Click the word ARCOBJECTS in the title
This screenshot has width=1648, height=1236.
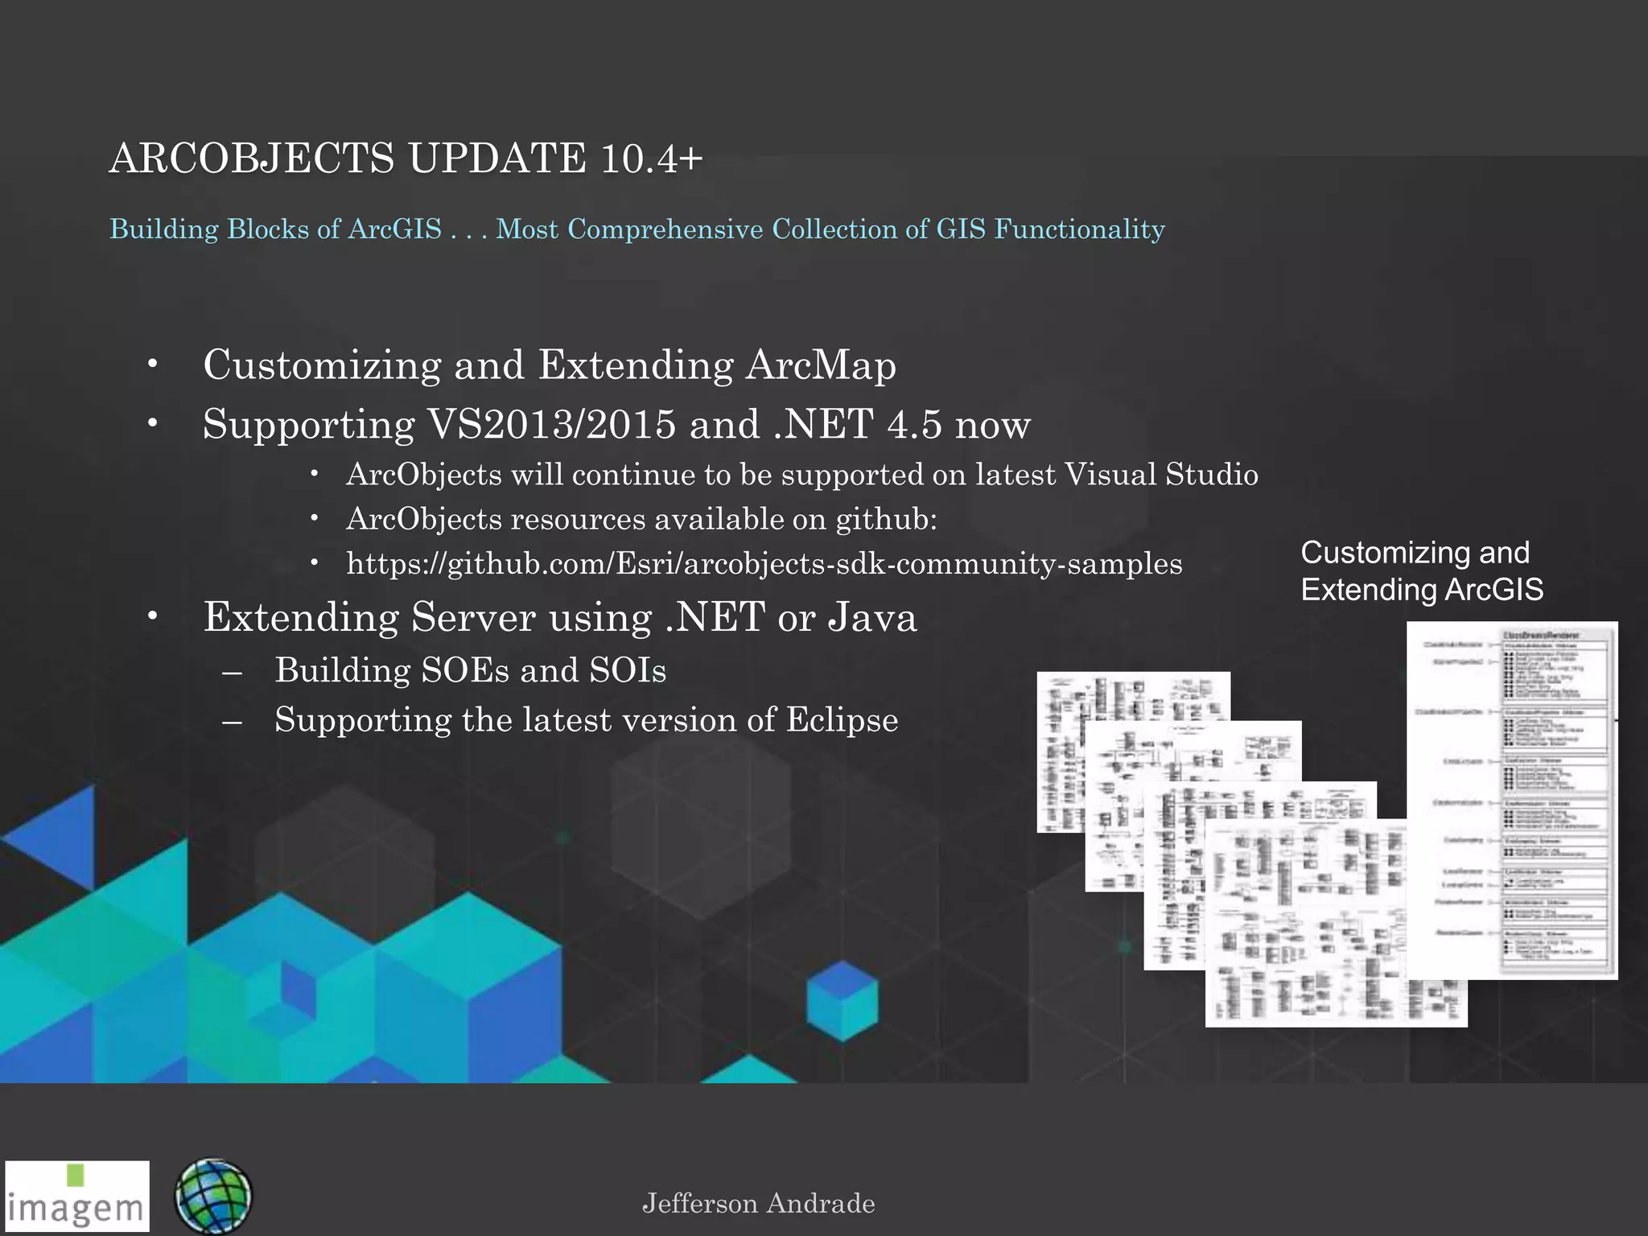tap(251, 158)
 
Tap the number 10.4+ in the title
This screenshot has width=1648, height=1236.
tap(651, 158)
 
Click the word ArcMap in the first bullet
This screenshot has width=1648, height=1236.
tap(820, 365)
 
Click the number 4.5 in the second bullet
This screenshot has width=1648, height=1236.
tap(913, 424)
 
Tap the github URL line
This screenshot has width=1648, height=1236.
tap(764, 563)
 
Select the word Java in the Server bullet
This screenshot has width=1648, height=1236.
tap(872, 617)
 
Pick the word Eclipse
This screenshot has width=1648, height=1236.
tap(842, 719)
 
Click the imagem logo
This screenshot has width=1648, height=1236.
tap(77, 1197)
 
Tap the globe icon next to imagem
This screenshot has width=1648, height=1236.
tap(212, 1197)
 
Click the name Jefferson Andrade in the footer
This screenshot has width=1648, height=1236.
tap(758, 1204)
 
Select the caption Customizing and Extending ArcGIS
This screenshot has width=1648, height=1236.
tap(1421, 571)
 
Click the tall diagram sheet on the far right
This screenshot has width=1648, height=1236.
tap(1512, 800)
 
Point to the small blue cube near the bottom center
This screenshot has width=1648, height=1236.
tap(842, 1000)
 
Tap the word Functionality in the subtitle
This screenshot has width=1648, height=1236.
tap(1079, 229)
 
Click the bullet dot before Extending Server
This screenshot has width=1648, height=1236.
tap(153, 617)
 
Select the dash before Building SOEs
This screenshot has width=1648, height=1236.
tap(233, 671)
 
